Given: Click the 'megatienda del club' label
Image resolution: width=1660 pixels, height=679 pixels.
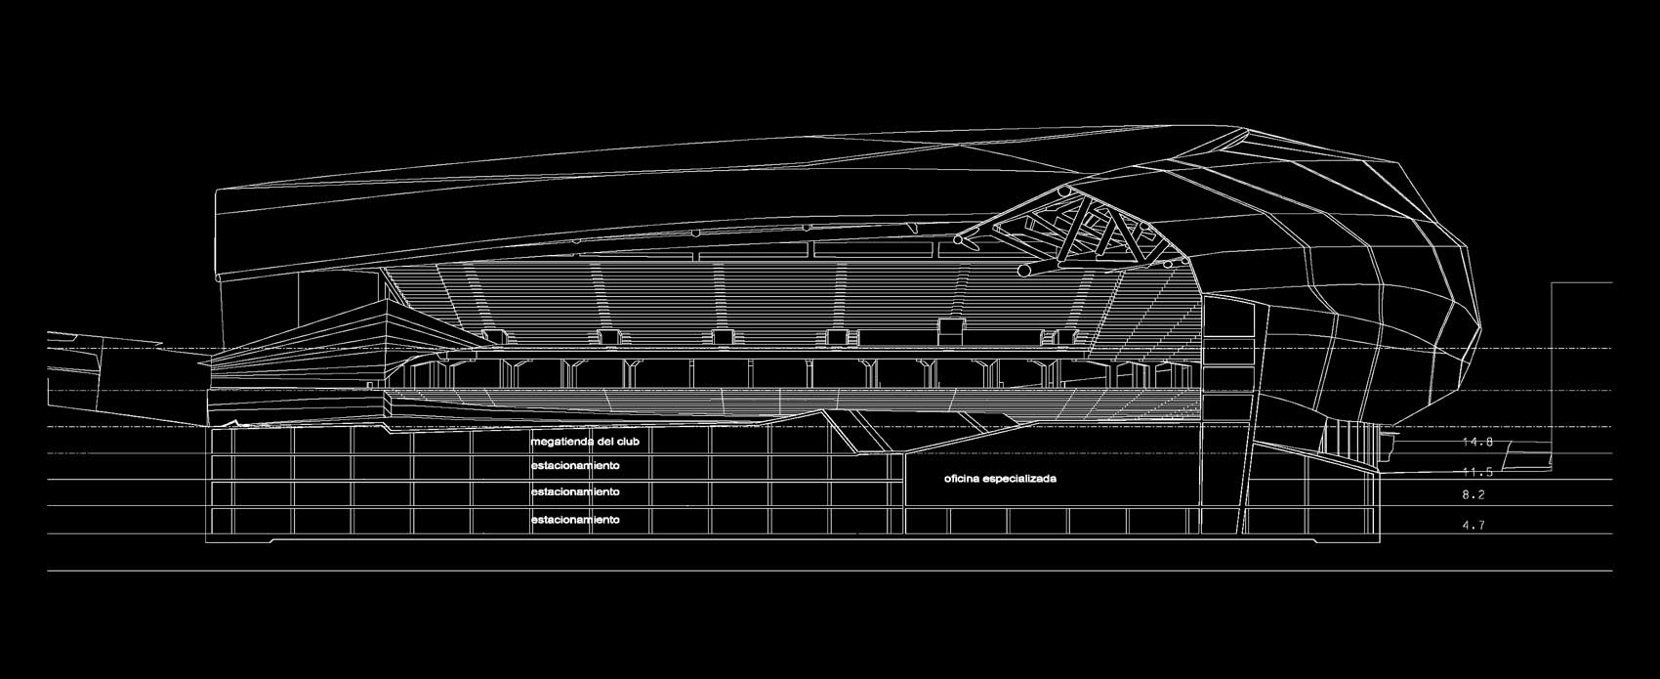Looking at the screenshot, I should point(584,443).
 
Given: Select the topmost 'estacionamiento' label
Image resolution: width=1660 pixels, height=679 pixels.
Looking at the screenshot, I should point(575,466).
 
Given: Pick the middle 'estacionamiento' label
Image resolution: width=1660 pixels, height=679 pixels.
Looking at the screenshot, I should point(575,492).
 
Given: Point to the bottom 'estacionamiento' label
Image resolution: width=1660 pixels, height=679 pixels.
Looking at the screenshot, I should point(575,520).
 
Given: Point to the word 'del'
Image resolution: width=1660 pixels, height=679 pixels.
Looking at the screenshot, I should point(607,443).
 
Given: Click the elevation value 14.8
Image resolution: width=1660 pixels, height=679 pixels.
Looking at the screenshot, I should point(1476,443).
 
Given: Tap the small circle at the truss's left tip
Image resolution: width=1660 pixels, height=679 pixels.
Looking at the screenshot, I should point(963,238).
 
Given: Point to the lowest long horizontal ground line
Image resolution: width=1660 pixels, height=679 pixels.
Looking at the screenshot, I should point(830,571).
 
